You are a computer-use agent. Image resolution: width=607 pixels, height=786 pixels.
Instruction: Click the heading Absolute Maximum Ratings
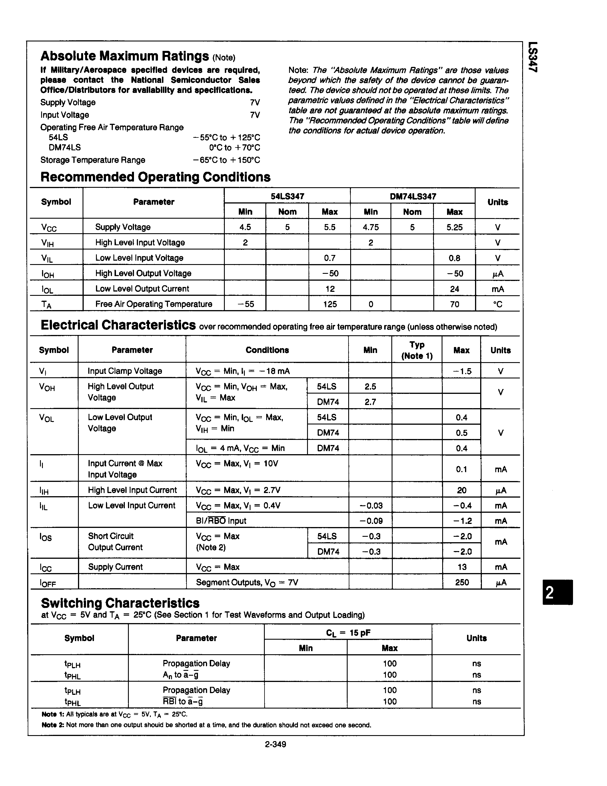[x=125, y=56]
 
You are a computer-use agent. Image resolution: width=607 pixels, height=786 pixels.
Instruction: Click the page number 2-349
[x=275, y=744]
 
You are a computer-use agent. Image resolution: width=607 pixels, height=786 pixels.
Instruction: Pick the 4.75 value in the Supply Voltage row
[x=370, y=227]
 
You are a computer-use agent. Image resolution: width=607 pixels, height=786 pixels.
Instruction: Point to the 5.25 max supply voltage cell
[x=454, y=227]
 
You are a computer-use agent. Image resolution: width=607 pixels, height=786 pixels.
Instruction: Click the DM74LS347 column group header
[x=413, y=196]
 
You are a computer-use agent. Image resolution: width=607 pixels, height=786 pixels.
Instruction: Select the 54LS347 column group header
[x=287, y=196]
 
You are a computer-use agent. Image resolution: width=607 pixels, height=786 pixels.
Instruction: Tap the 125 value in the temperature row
[x=330, y=304]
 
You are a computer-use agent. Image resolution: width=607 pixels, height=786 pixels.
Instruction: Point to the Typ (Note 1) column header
[x=417, y=350]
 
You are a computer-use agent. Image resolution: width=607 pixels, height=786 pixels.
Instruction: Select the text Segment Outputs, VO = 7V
[x=247, y=582]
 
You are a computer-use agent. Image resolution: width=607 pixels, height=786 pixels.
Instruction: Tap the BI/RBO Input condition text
[x=221, y=521]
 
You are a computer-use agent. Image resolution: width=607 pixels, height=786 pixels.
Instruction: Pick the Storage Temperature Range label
[x=93, y=160]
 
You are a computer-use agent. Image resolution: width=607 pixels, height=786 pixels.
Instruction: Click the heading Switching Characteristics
[x=120, y=603]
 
